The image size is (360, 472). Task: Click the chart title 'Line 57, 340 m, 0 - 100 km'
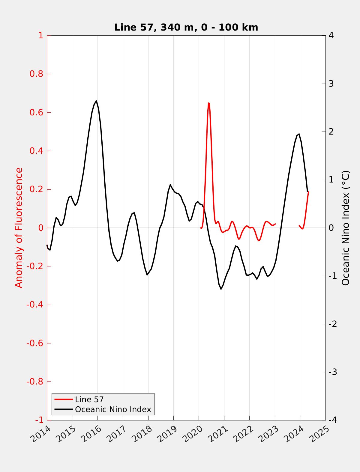186,28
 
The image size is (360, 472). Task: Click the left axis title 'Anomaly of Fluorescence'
19,228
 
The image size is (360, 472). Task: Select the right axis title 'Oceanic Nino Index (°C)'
346,228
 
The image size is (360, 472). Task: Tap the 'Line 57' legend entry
89,399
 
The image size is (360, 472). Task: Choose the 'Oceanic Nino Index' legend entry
113,409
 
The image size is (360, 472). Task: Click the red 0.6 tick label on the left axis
37,113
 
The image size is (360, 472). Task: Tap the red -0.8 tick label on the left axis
35,382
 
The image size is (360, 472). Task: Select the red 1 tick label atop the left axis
41,36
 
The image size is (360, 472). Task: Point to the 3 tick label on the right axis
331,84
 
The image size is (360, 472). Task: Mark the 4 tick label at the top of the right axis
331,36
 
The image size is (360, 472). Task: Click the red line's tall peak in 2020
208,103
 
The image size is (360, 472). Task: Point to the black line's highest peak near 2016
96,101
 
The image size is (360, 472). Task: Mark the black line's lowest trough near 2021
221,289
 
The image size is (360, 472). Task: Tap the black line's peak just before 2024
299,134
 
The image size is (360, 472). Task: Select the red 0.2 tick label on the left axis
37,189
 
